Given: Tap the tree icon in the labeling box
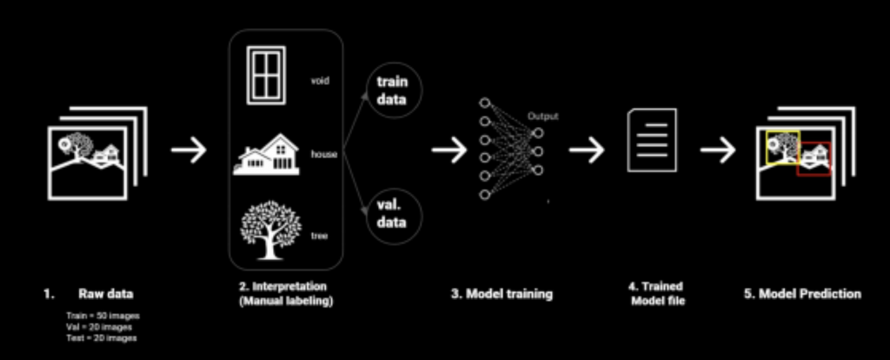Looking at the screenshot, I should (x=270, y=229).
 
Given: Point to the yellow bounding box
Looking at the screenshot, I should (x=782, y=147).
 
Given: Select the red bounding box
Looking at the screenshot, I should (x=814, y=157).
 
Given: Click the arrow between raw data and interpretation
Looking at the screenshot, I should (x=189, y=150).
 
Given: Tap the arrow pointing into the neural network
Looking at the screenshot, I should (x=448, y=150).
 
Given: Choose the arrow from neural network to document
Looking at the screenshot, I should (x=587, y=150).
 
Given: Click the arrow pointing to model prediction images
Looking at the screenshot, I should (x=718, y=150).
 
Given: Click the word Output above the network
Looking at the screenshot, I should (x=541, y=117).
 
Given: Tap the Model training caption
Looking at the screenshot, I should (x=501, y=294).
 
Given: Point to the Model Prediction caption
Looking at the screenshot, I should (x=801, y=294).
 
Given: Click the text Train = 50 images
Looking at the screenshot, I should (x=103, y=315).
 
